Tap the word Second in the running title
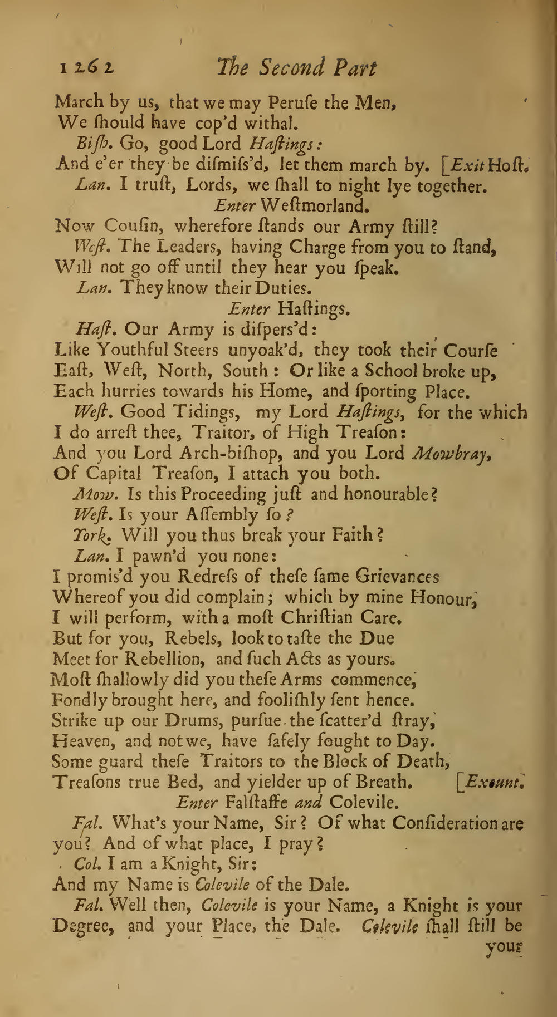point(281,68)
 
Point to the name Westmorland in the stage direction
point(315,206)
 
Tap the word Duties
point(286,288)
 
